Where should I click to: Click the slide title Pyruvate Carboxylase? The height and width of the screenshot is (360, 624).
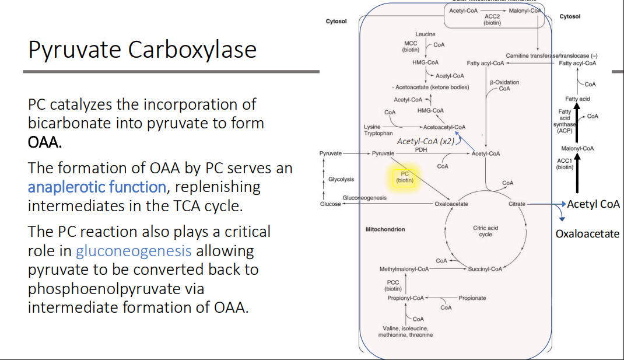(142, 50)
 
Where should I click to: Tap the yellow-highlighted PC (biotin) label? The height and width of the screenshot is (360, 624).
(405, 177)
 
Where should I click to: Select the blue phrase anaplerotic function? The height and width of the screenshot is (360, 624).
(97, 187)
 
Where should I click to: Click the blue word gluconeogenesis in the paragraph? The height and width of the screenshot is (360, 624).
(134, 251)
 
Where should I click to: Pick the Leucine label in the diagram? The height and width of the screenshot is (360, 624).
(425, 35)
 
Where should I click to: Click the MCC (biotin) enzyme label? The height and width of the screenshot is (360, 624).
(411, 47)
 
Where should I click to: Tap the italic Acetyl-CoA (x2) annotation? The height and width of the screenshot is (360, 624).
(425, 141)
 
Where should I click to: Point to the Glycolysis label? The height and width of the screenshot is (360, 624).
(341, 179)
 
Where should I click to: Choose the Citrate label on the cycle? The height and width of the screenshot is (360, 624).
(517, 204)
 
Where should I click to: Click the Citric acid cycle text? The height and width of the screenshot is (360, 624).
(485, 231)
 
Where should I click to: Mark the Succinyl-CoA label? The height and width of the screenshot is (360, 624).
(485, 269)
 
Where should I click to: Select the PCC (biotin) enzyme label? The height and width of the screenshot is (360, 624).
(392, 285)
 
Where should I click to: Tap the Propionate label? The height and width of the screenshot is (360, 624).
(472, 298)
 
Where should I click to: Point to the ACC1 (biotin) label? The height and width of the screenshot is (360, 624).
(565, 164)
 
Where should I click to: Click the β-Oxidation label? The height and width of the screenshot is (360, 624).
(504, 82)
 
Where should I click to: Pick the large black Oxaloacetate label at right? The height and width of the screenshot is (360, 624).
(587, 234)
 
